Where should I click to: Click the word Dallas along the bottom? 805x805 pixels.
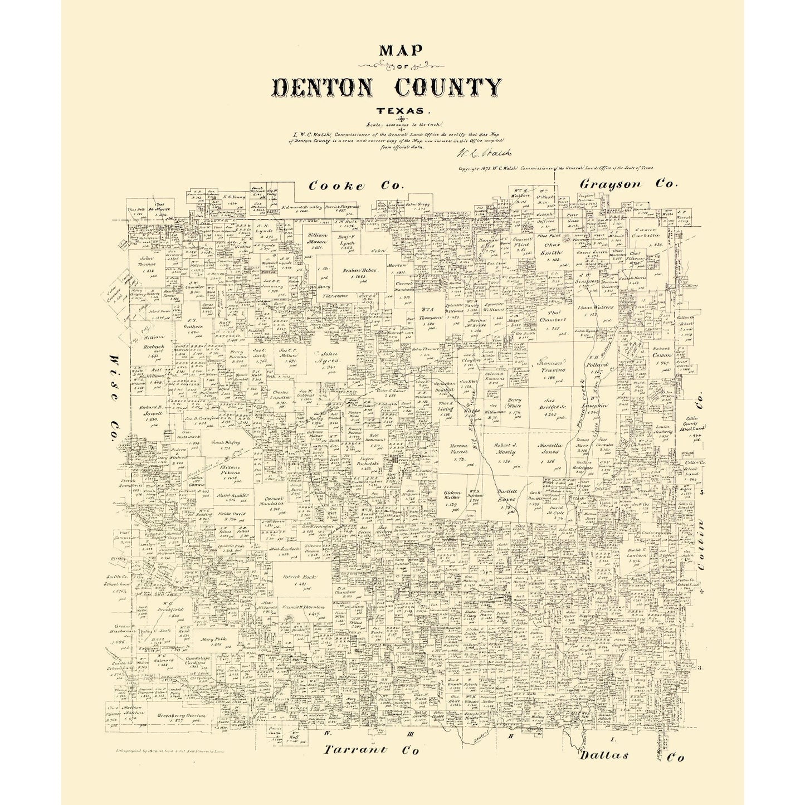[x=603, y=755]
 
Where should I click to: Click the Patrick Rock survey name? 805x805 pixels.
[x=300, y=577]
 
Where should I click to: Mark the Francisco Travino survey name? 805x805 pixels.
[x=551, y=365]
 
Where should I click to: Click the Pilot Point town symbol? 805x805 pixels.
[x=567, y=238]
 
